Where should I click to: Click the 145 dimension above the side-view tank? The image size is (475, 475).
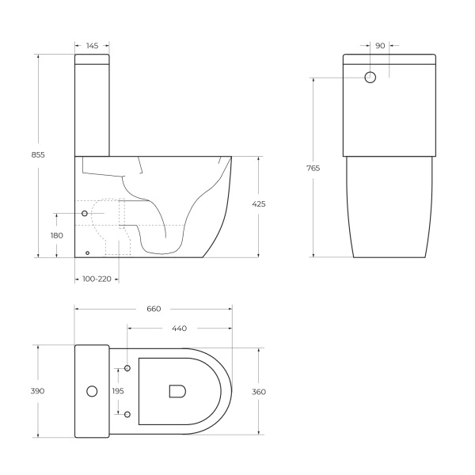tap(92, 47)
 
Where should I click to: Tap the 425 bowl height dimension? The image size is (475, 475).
tap(258, 204)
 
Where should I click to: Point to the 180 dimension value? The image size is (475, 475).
tap(57, 235)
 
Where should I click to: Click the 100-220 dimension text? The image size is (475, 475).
tap(96, 279)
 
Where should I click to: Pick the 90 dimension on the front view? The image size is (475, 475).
tap(380, 46)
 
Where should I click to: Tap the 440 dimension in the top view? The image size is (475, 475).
tap(179, 328)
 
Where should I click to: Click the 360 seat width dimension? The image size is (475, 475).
tap(258, 391)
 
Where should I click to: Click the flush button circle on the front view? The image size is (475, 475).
tap(370, 78)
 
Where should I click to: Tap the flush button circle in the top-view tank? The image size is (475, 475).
tap(91, 391)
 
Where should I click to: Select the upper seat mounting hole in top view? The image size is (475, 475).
tap(127, 369)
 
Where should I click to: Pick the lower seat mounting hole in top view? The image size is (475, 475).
tap(127, 413)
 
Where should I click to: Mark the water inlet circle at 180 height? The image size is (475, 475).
tap(85, 214)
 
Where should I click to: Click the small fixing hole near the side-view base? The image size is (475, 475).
tap(87, 253)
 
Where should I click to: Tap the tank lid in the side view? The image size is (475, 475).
tap(92, 59)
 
